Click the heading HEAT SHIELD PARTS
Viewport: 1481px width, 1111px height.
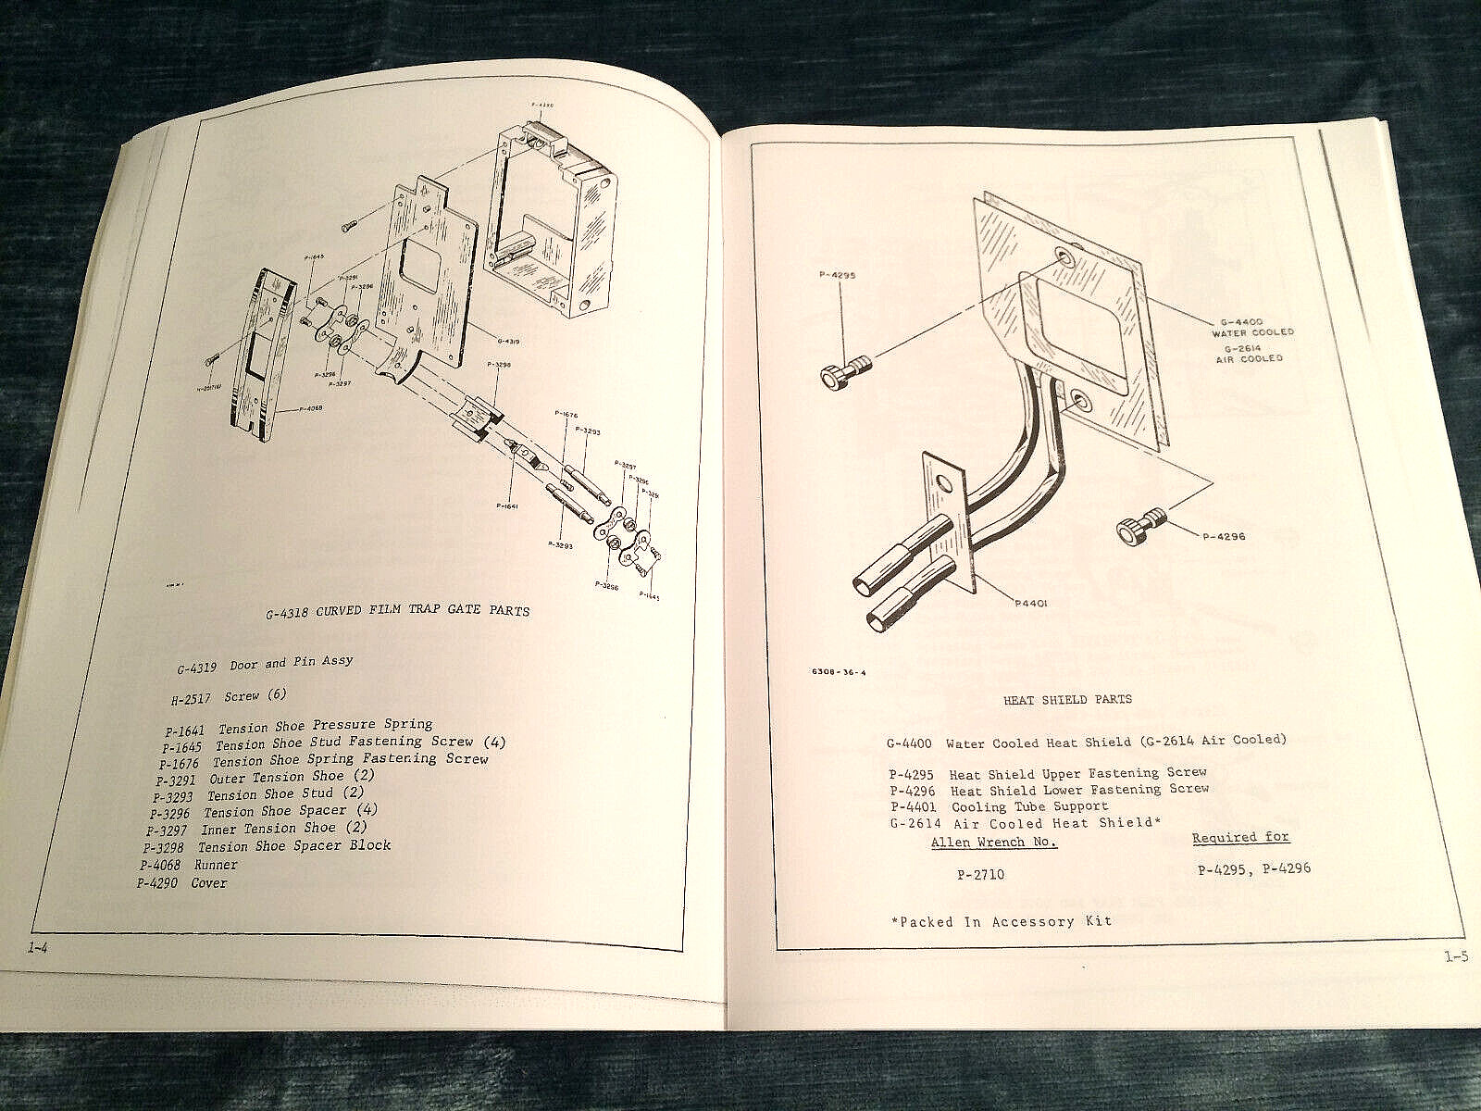coord(1068,699)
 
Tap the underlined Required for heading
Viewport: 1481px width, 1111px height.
coord(1240,837)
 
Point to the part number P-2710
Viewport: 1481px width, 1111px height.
coord(977,873)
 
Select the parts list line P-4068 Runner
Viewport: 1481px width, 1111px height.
coord(189,864)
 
